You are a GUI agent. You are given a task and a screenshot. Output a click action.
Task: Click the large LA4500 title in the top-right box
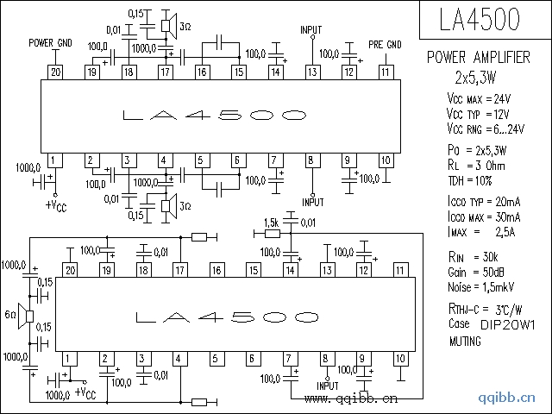coord(480,19)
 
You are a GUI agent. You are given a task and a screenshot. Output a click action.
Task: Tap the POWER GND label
coord(50,43)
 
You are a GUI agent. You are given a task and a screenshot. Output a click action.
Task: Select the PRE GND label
coord(385,45)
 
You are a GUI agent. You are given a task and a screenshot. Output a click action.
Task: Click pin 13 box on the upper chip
coord(312,72)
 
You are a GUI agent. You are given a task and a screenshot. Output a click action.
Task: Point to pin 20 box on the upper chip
coord(55,72)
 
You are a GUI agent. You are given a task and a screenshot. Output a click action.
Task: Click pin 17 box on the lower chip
coord(180,270)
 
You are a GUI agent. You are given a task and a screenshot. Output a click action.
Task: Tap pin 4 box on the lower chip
coord(180,359)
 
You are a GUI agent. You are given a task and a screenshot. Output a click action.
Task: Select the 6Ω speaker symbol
coord(26,317)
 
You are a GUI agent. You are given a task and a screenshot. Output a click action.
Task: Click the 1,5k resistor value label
coord(271,223)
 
